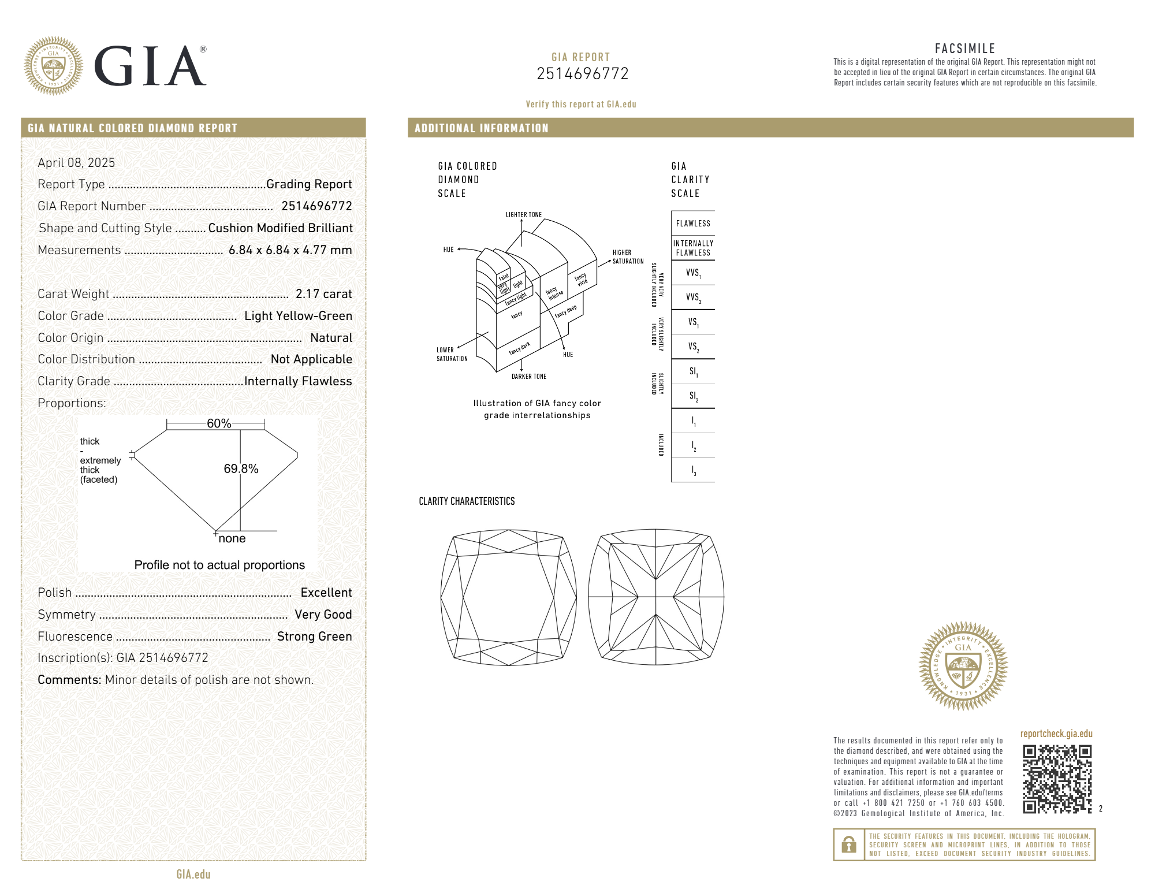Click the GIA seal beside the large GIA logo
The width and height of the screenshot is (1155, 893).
[54, 66]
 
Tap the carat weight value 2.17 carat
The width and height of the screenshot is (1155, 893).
[323, 294]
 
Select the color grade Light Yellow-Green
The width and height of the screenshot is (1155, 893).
[298, 316]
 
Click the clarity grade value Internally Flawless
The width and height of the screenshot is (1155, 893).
[298, 381]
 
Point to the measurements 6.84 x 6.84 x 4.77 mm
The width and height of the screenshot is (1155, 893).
[290, 250]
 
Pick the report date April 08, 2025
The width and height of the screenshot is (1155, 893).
[76, 163]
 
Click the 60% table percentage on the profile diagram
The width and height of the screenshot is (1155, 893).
[219, 423]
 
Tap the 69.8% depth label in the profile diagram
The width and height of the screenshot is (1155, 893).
[241, 468]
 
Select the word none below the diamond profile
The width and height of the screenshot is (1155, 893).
[232, 538]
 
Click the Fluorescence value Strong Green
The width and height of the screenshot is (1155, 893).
[314, 637]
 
